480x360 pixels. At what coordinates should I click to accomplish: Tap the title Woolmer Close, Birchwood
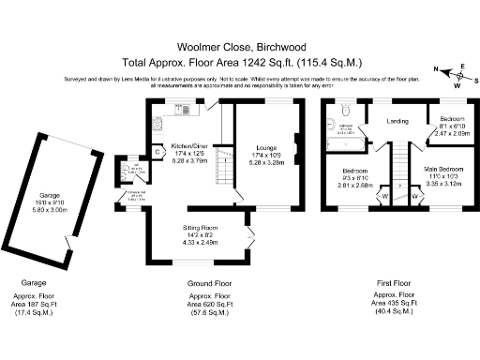[x=238, y=44]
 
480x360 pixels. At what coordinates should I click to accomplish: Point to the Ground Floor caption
[x=211, y=280]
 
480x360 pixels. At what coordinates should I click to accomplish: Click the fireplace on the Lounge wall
[x=297, y=144]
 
